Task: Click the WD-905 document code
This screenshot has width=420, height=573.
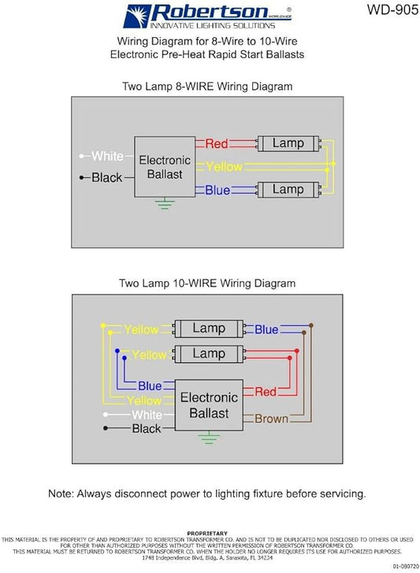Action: (393, 9)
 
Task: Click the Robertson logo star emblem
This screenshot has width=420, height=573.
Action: (137, 16)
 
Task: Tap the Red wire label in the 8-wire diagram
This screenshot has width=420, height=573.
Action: (217, 143)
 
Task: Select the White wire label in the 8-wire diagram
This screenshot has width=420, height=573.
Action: (107, 156)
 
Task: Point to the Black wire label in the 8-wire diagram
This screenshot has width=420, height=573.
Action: (107, 178)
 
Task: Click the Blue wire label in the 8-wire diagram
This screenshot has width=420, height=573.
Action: (217, 190)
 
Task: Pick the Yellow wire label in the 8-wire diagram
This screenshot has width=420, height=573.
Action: (224, 167)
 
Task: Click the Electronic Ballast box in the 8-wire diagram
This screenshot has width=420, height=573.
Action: (165, 167)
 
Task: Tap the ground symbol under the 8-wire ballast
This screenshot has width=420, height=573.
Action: (165, 203)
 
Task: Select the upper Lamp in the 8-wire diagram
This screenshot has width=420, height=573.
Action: (288, 143)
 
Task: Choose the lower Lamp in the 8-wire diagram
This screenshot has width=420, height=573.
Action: (288, 190)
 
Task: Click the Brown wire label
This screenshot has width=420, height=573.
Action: (271, 419)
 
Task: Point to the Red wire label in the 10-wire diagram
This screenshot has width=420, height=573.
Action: (266, 392)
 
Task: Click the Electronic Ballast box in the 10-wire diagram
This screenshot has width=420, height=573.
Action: (209, 405)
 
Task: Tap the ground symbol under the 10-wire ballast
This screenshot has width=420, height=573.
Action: (209, 438)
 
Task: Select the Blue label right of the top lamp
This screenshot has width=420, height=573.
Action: (266, 330)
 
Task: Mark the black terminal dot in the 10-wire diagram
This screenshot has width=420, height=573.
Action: (106, 428)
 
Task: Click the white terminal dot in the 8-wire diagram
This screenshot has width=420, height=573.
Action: (82, 156)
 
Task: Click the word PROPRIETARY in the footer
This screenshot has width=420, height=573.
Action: (207, 533)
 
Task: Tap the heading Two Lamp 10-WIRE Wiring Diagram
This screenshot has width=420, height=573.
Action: (207, 283)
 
